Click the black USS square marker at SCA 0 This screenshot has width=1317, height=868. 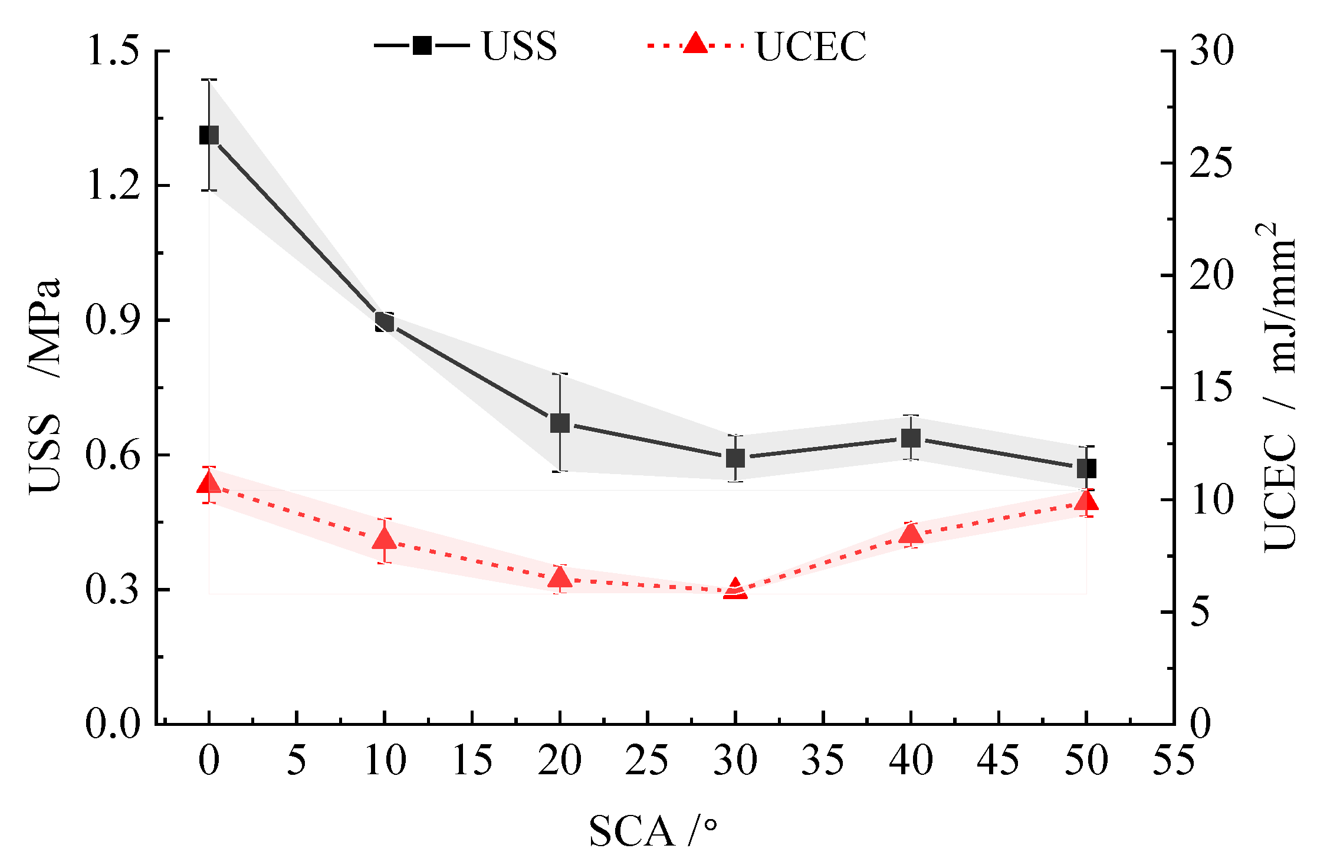pos(209,135)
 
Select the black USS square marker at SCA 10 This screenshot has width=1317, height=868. pos(385,322)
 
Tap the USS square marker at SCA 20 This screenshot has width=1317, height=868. pos(560,423)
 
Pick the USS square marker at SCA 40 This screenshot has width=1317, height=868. pos(911,438)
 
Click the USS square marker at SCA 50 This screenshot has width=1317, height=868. pos(1086,469)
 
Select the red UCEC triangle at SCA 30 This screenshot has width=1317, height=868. pos(735,589)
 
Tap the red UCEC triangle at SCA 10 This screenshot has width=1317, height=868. pos(385,539)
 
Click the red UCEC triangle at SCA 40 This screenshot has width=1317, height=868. pos(911,534)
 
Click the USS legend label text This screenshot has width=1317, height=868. pos(519,46)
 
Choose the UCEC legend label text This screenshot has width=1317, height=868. pos(811,46)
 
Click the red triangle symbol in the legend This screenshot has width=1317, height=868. pos(695,44)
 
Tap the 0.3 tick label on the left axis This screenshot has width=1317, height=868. pos(114,589)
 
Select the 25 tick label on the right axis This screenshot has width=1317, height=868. pos(1210,163)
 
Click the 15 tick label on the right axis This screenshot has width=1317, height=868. pos(1210,387)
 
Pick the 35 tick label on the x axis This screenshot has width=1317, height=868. pos(823,760)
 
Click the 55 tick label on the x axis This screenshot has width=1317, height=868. pos(1173,760)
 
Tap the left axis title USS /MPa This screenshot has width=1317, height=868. pos(45,386)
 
